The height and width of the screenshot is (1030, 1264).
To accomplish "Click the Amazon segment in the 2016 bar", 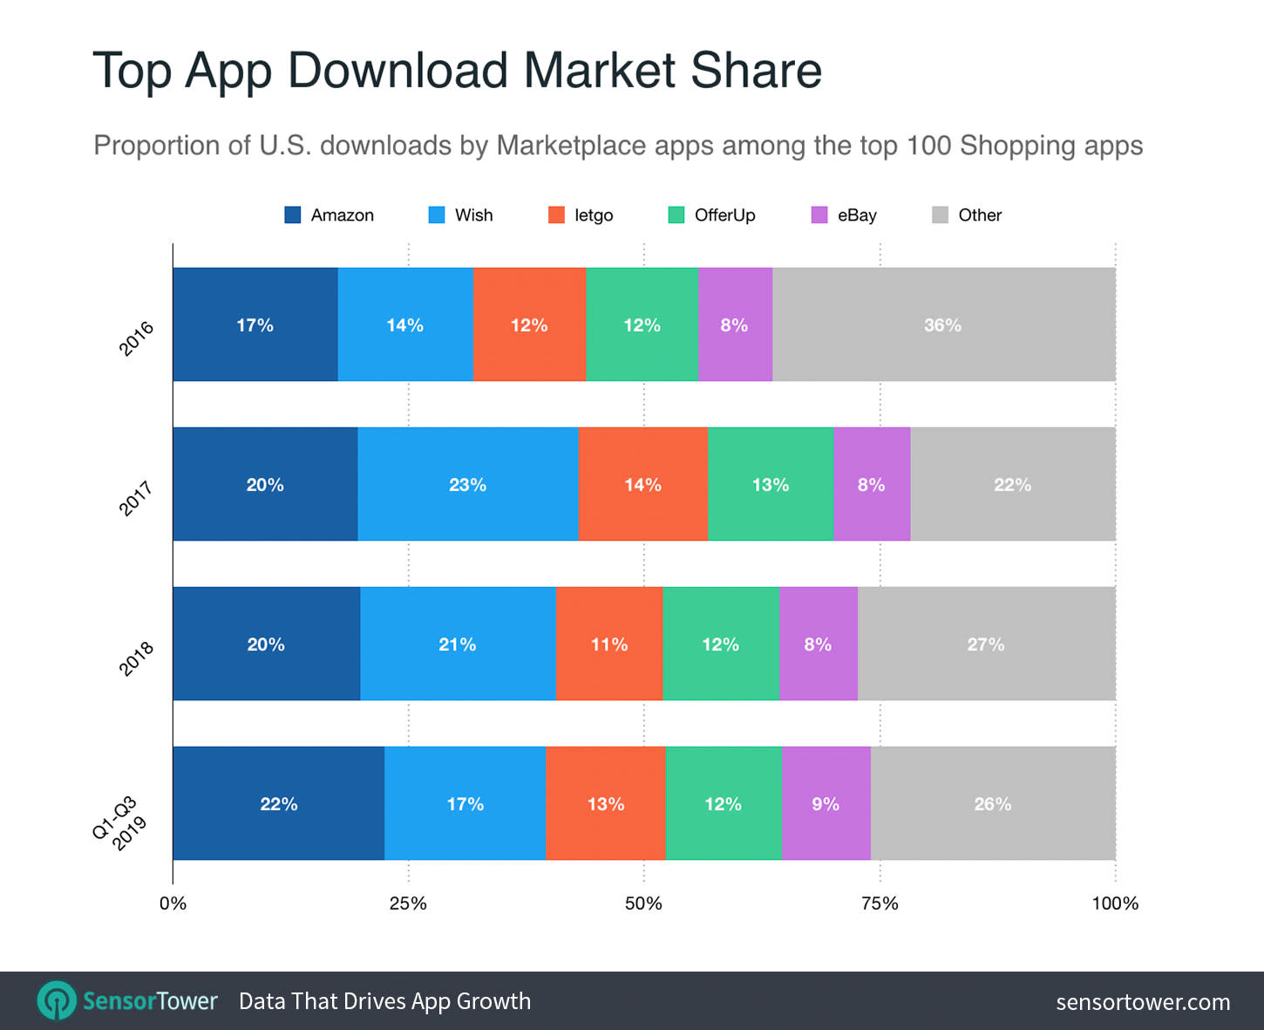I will [x=255, y=324].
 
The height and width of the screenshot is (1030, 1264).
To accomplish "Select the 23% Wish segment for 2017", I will [x=467, y=484].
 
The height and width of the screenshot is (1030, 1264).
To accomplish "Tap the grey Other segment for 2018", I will [x=986, y=644].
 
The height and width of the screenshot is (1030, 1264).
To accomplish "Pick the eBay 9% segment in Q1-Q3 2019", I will [x=826, y=803].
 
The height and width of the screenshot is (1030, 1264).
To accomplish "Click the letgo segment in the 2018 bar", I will [x=608, y=644].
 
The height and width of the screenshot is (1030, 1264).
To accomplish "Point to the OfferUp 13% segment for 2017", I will [x=770, y=484].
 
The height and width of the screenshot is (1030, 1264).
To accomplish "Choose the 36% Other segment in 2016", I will [x=943, y=324].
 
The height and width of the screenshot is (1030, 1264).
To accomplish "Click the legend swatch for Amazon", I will [x=293, y=215].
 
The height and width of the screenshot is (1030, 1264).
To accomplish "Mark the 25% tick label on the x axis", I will [x=408, y=904].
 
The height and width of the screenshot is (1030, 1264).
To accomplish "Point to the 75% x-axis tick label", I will [x=880, y=904].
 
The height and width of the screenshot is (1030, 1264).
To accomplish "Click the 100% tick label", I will [x=1115, y=904].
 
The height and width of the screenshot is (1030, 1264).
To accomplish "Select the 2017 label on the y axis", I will [x=136, y=498].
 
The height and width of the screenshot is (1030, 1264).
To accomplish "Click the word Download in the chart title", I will [x=398, y=70].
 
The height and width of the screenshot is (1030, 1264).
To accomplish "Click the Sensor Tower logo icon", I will [x=57, y=1000].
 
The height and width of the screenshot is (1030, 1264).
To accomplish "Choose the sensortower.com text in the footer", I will [x=1142, y=1002].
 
